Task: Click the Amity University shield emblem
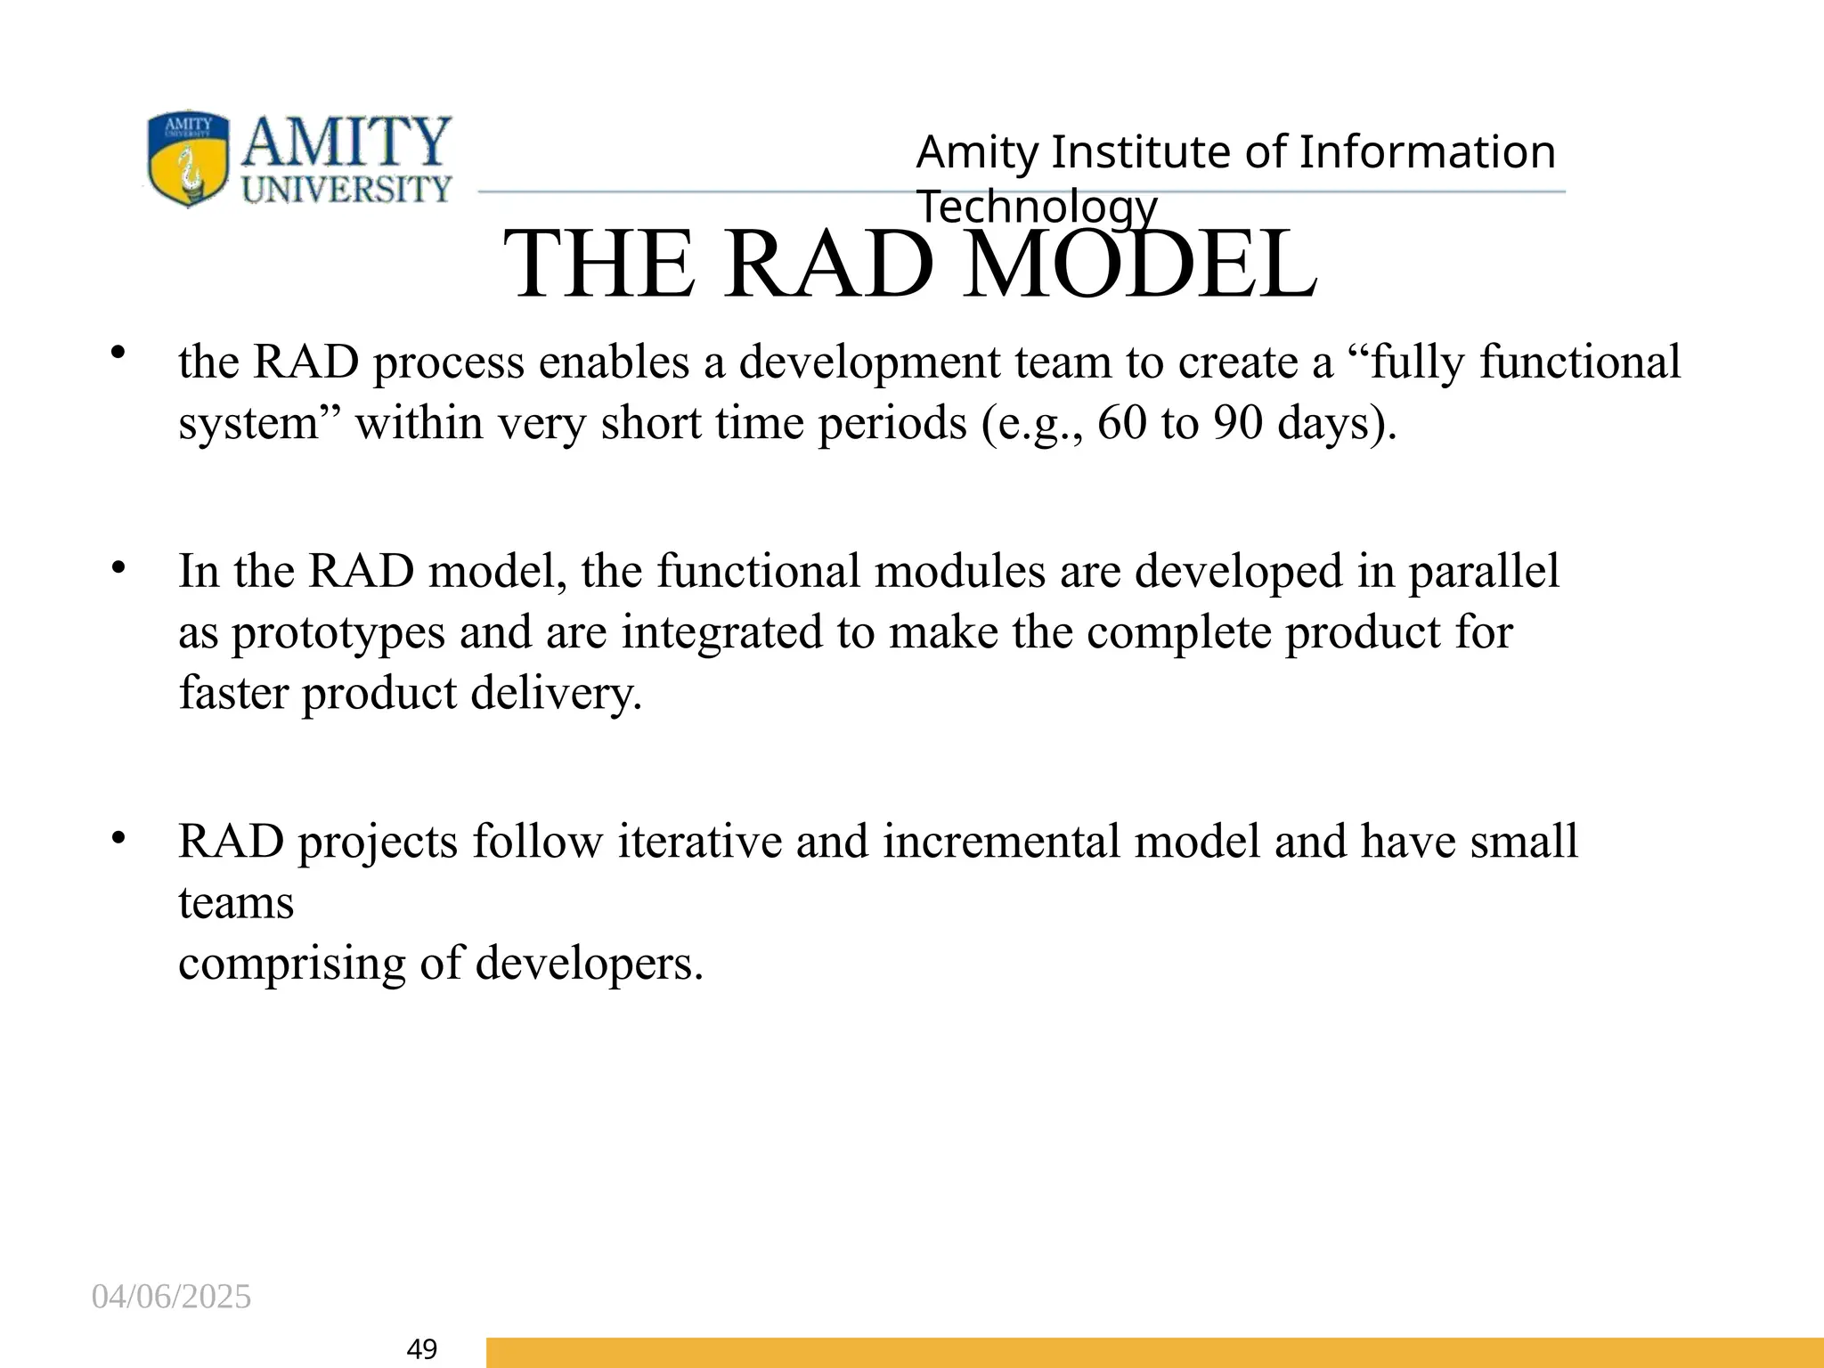[x=187, y=159]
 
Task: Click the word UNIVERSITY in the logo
[x=347, y=190]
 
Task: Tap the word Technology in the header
[x=1037, y=207]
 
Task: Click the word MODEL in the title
[x=1140, y=264]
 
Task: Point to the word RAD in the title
[x=828, y=264]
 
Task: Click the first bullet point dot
[x=118, y=354]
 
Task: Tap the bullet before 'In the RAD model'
[x=118, y=566]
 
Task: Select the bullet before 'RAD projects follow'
[x=118, y=837]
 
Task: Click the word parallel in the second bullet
[x=1484, y=571]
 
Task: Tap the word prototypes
[x=338, y=633]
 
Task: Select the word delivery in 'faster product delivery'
[x=556, y=693]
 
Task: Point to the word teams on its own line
[x=236, y=902]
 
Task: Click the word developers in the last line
[x=589, y=964]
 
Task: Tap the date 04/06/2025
[x=171, y=1297]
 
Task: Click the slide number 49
[x=421, y=1349]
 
